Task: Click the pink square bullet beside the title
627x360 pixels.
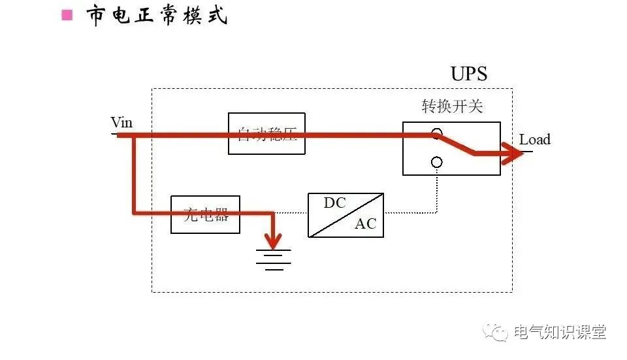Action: pyautogui.click(x=67, y=15)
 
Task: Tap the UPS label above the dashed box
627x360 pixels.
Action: pyautogui.click(x=468, y=73)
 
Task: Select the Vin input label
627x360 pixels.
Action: pyautogui.click(x=121, y=122)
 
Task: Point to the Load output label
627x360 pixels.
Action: pyautogui.click(x=534, y=139)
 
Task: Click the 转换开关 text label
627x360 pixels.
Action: pyautogui.click(x=452, y=106)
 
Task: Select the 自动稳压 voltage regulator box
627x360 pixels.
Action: pyautogui.click(x=266, y=133)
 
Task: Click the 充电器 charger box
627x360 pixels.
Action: pyautogui.click(x=205, y=214)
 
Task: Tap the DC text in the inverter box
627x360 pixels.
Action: pyautogui.click(x=334, y=203)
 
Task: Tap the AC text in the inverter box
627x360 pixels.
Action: pyautogui.click(x=365, y=223)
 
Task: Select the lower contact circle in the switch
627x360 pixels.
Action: pyautogui.click(x=436, y=162)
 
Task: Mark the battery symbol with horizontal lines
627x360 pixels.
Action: pyautogui.click(x=273, y=259)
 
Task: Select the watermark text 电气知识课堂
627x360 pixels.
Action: pyautogui.click(x=560, y=332)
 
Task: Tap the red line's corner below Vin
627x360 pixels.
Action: pyautogui.click(x=135, y=212)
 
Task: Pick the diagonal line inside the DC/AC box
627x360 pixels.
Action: pyautogui.click(x=346, y=214)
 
